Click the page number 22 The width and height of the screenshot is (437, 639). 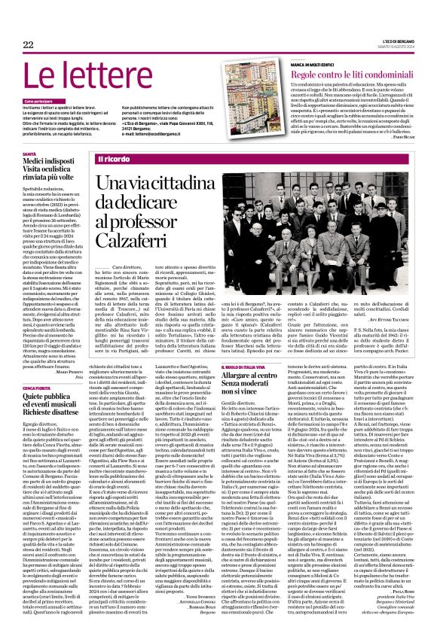click(28, 45)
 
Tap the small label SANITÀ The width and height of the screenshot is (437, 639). click(29, 153)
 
